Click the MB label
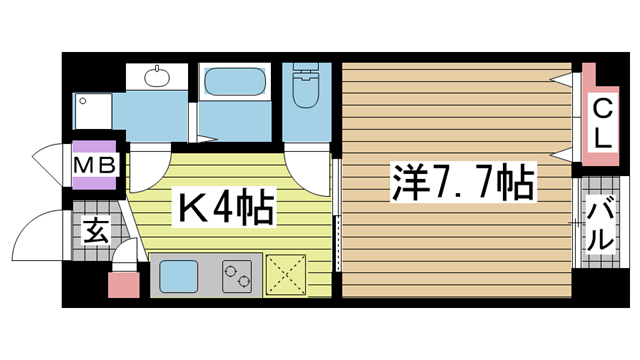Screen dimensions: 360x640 [95, 162]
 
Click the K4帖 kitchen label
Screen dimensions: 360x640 [226, 210]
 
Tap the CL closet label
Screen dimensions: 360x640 [604, 122]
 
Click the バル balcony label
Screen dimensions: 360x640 [600, 224]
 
